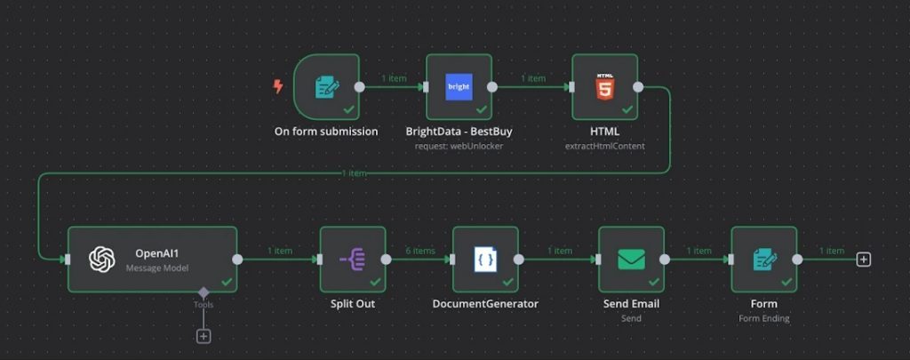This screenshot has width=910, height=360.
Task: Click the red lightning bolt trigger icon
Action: pos(278,86)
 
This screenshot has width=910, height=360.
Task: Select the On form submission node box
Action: pos(326,87)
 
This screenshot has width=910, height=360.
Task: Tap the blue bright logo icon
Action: pos(459,87)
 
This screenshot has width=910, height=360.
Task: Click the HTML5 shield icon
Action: pos(604,86)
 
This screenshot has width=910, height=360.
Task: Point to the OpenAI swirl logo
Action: pos(102,259)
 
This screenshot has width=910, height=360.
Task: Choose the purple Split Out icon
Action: pos(352,259)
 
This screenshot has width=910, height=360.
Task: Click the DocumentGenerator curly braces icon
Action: pos(486,260)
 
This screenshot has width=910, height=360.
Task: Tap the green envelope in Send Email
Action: pos(632,259)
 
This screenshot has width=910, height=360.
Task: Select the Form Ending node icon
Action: pos(764,259)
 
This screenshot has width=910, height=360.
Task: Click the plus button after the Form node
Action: pos(864,260)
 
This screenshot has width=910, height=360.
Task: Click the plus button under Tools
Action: pos(204,336)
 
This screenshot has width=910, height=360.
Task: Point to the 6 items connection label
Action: pos(420,251)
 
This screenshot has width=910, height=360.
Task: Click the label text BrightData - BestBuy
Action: pos(459,132)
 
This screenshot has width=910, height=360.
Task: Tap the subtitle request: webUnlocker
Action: pos(459,147)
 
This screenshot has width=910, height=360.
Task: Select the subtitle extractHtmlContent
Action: pos(604,147)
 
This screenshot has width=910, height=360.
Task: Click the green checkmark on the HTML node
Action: pos(627,109)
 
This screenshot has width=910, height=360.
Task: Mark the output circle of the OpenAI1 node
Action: pos(237,260)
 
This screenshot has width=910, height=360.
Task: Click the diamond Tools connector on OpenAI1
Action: pos(204,292)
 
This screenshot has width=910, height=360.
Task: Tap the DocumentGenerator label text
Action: pos(486,304)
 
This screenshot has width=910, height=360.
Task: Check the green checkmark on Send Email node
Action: pos(654,282)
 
